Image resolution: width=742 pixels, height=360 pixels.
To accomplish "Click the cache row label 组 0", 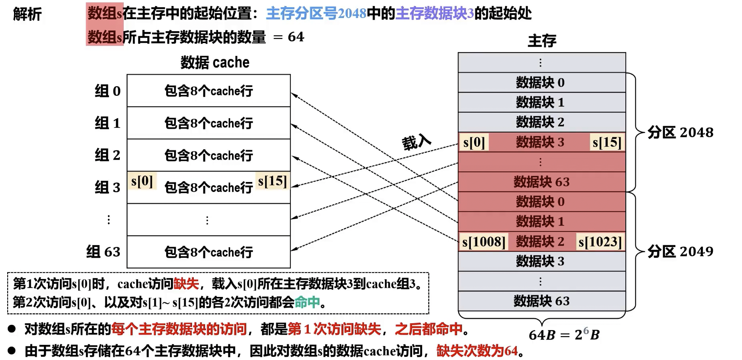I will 107,91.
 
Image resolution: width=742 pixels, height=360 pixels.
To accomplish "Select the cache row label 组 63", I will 103,252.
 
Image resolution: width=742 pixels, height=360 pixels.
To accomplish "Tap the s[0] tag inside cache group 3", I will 142,181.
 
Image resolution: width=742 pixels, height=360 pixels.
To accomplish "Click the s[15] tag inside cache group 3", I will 272,181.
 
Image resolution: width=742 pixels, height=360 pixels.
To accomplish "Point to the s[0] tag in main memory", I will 474,142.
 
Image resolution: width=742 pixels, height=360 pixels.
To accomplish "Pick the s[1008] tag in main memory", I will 484,242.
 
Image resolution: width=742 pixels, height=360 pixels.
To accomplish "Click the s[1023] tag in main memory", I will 600,242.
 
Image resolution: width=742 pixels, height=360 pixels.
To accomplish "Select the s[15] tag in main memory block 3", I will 607,142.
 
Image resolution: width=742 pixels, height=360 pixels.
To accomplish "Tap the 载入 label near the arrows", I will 416,142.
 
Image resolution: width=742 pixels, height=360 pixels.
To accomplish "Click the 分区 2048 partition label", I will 680,133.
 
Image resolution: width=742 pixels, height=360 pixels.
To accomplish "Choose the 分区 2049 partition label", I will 680,251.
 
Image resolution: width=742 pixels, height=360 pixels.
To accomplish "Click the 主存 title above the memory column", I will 542,41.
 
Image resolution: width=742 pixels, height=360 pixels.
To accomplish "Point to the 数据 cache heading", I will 215,63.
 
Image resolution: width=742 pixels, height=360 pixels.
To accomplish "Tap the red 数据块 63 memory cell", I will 541,182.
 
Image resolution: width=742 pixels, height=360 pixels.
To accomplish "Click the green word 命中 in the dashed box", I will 307,302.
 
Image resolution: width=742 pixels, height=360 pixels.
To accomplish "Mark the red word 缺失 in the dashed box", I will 186,284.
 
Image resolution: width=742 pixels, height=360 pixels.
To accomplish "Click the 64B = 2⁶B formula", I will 564,334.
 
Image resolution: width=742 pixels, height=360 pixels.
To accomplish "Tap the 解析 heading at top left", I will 27,14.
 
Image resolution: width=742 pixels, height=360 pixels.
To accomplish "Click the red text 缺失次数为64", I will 477,351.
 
